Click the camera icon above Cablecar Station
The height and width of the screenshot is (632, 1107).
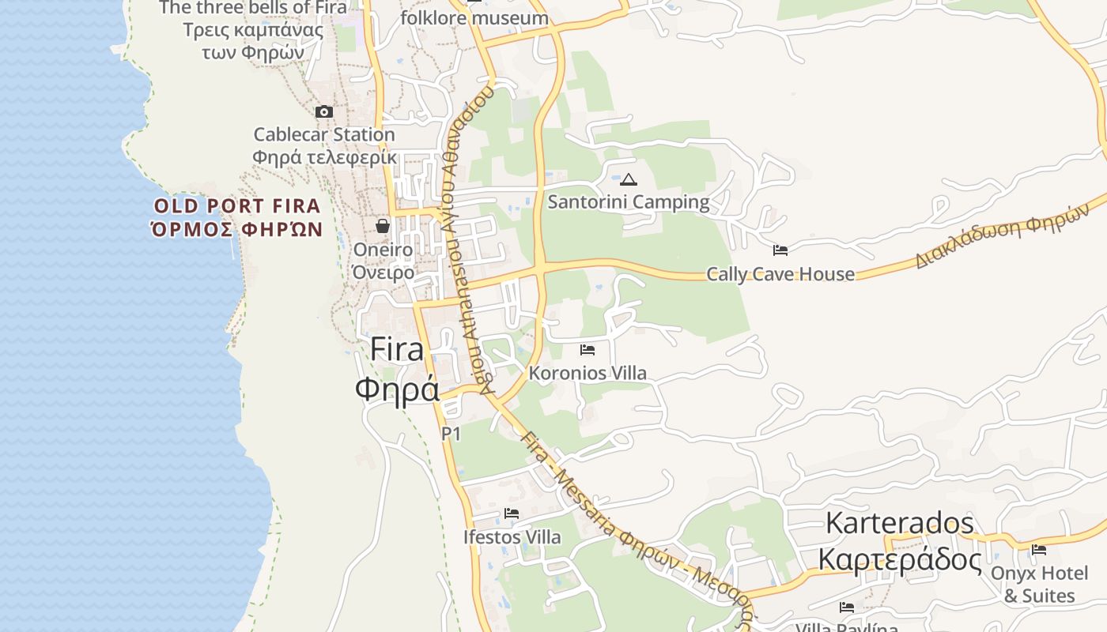click(324, 112)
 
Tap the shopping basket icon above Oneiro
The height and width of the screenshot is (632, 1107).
click(383, 226)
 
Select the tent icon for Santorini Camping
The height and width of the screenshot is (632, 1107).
click(629, 179)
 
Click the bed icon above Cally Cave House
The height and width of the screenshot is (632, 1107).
click(780, 250)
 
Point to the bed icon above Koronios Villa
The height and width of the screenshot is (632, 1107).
click(588, 349)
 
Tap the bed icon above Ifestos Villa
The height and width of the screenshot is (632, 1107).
click(512, 513)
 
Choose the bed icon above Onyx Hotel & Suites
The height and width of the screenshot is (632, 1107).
click(1039, 549)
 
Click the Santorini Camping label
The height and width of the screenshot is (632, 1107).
click(629, 202)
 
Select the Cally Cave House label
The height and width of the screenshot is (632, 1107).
click(780, 274)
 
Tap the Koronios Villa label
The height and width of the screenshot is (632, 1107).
click(588, 373)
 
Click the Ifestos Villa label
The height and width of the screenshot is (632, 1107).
click(512, 537)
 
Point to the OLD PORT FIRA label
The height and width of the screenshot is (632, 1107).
click(237, 207)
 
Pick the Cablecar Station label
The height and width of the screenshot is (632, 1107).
click(324, 135)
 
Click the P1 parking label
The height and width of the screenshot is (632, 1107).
click(451, 433)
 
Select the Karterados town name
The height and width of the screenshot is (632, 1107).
click(900, 523)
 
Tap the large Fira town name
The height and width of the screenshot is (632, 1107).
click(397, 349)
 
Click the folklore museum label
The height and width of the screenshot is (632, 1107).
click(474, 18)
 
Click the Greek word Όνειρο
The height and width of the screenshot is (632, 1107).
click(383, 273)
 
